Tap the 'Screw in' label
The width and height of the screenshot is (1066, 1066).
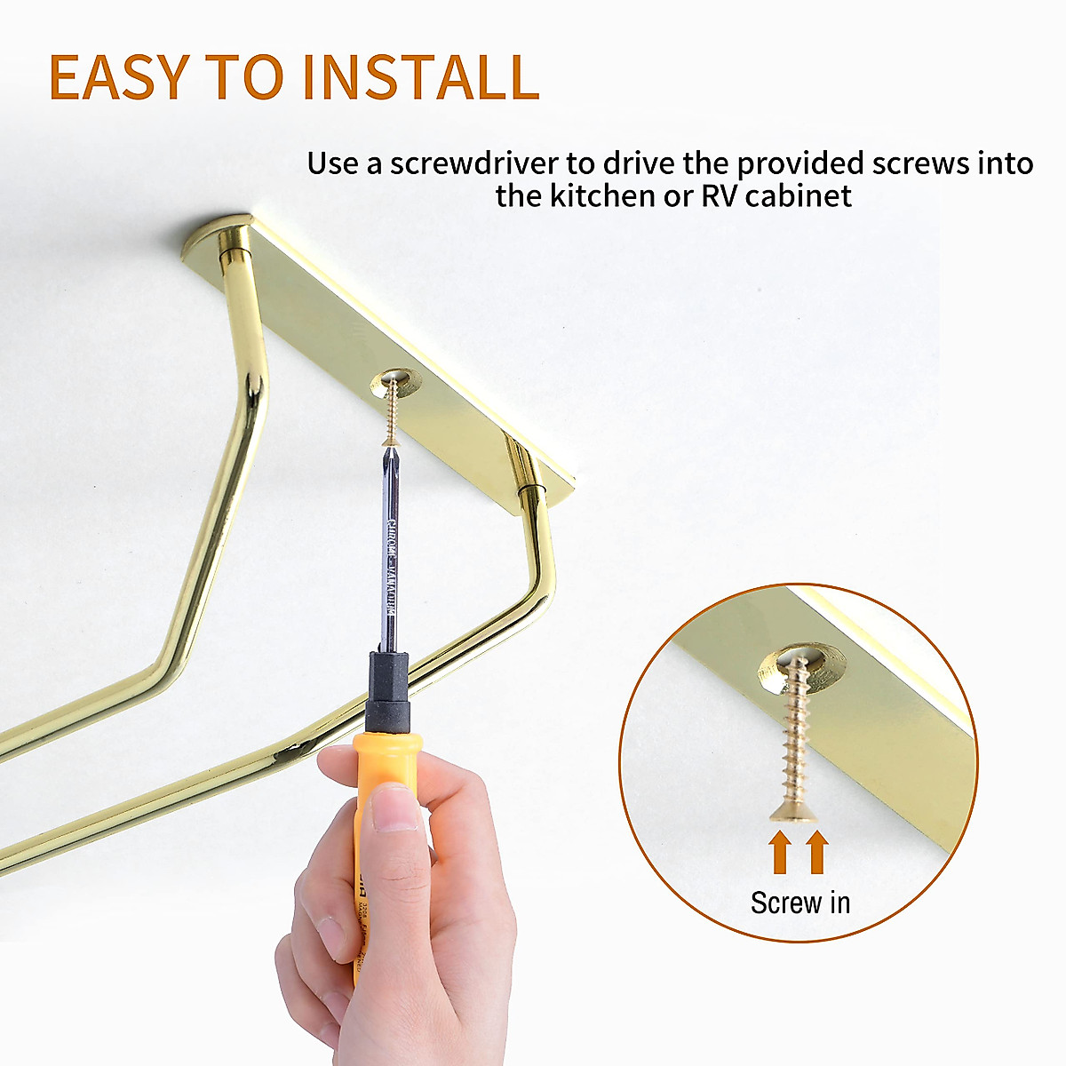point(799,903)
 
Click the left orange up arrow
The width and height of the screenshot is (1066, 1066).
point(779,851)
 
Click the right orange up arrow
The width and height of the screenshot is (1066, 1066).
point(817,851)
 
